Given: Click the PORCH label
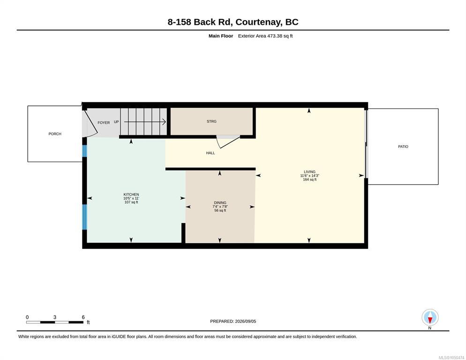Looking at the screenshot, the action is (55, 134).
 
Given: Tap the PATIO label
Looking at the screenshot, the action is (403, 147).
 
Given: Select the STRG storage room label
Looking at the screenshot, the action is (211, 121).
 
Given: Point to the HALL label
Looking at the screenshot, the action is (210, 153).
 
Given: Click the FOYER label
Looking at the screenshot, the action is (104, 122).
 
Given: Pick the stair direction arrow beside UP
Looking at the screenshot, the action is (145, 121).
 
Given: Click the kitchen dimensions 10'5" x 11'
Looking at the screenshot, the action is (131, 198).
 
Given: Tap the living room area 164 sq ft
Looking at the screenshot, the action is (310, 180).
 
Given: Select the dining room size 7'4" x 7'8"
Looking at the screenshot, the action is (220, 207).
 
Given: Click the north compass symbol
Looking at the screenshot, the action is (430, 317).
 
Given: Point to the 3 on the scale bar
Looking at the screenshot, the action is (55, 317).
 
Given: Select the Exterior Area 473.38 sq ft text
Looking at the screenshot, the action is (265, 36).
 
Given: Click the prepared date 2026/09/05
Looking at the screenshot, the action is (246, 322).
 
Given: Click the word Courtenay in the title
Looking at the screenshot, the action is (258, 22).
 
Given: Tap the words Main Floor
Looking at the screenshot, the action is (221, 36).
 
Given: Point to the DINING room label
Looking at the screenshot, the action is (220, 203).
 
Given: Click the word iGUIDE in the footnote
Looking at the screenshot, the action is (119, 337).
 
